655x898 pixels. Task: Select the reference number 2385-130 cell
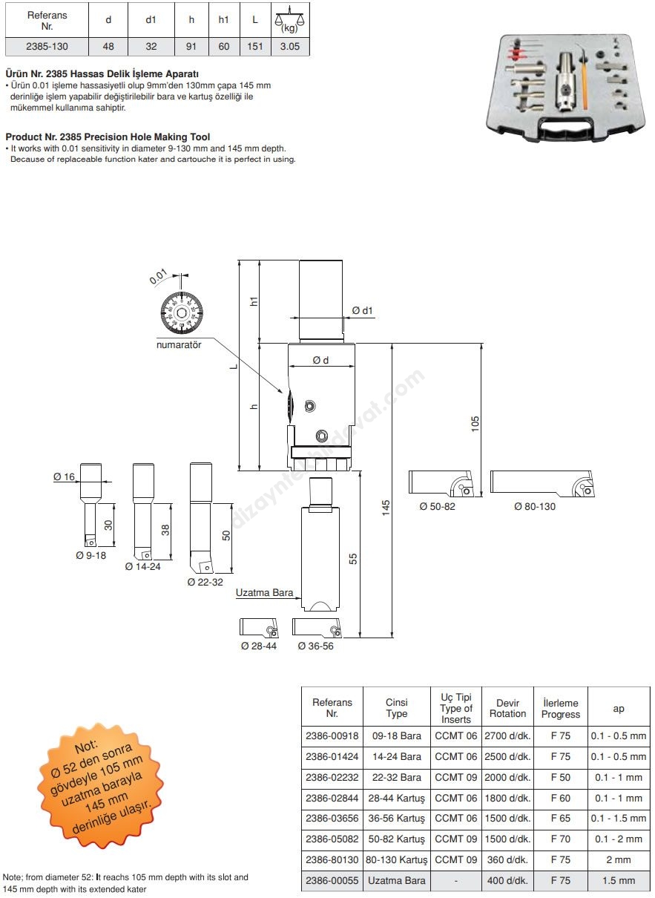point(47,46)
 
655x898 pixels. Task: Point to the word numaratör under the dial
point(179,344)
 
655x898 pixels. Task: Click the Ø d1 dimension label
point(362,310)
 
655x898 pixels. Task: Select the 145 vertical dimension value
point(386,508)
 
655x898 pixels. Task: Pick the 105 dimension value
point(475,423)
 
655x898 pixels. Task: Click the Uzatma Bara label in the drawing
point(264,593)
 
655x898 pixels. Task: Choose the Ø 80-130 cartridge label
point(535,506)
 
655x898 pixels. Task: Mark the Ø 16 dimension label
point(65,477)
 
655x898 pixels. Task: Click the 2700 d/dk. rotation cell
point(507,736)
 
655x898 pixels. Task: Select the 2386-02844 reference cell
point(332,798)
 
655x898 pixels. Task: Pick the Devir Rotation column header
point(507,708)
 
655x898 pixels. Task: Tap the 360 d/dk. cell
point(507,859)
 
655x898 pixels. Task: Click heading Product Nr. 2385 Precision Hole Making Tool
point(108,137)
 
